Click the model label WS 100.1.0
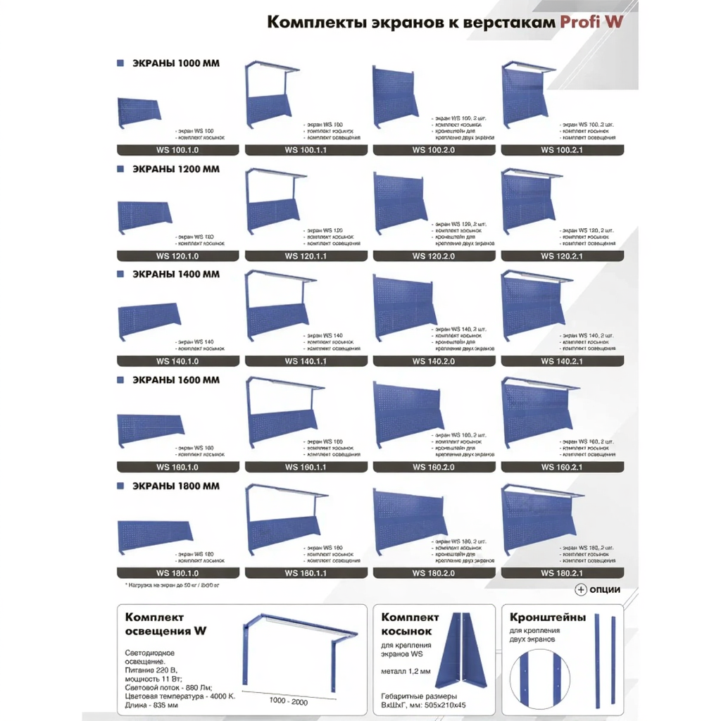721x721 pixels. [x=177, y=150]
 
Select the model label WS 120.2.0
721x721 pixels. [x=433, y=256]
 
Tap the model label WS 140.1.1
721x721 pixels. [x=306, y=361]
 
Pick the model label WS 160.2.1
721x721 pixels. [x=561, y=467]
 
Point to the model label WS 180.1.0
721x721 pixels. [x=177, y=572]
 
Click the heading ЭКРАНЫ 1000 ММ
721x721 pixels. [x=176, y=63]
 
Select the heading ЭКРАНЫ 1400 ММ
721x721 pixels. [x=176, y=274]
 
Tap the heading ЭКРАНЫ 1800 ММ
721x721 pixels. [x=176, y=486]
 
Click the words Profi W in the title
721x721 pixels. [x=591, y=22]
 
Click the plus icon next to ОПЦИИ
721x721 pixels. [x=581, y=589]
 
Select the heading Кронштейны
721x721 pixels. [x=547, y=617]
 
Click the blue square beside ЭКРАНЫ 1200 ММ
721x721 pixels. [x=120, y=169]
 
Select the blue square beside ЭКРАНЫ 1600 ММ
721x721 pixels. [x=120, y=380]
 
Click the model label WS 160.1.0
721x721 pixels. [x=177, y=467]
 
